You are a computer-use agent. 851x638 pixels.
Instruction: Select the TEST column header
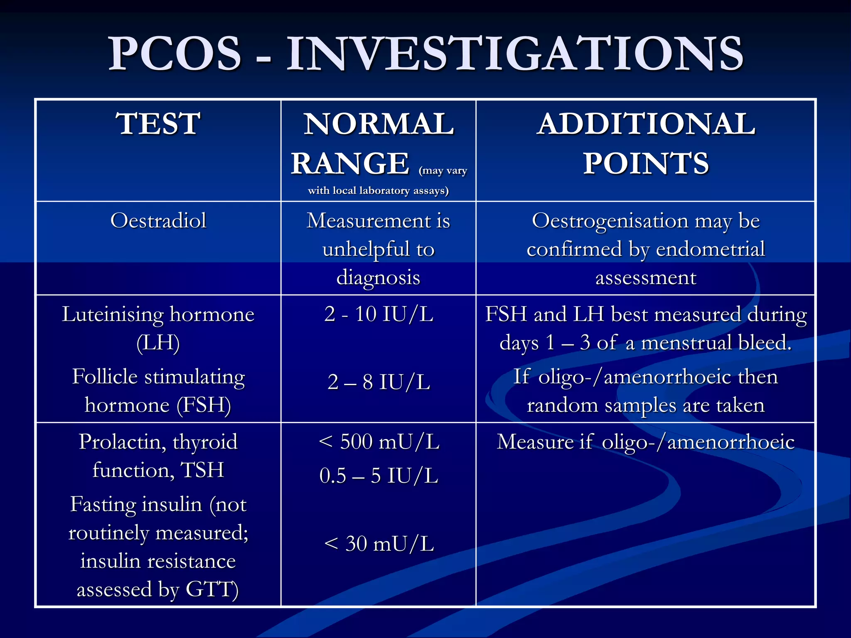(x=158, y=124)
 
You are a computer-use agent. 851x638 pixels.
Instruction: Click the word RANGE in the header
(x=350, y=164)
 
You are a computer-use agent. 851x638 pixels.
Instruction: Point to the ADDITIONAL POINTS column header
(x=646, y=143)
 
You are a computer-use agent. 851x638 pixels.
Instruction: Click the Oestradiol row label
(x=158, y=220)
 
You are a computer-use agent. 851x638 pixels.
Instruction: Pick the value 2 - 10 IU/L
(x=379, y=314)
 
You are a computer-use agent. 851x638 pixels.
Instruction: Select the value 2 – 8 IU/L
(x=379, y=382)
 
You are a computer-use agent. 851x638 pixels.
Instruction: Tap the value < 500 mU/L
(x=379, y=442)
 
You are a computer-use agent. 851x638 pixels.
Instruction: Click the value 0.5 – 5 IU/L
(x=379, y=476)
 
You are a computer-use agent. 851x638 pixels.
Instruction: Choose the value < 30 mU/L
(x=379, y=544)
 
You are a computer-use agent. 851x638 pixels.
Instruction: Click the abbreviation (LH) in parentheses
(x=158, y=343)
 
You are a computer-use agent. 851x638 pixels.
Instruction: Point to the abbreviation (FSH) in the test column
(x=204, y=405)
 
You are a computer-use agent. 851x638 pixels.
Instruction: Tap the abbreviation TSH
(x=202, y=470)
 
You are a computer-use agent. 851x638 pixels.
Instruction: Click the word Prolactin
(x=123, y=442)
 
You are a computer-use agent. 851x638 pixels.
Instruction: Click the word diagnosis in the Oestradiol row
(x=378, y=277)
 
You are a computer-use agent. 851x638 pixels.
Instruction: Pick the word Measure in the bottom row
(x=535, y=442)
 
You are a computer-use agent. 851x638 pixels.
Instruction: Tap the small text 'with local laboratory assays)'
(x=378, y=191)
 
